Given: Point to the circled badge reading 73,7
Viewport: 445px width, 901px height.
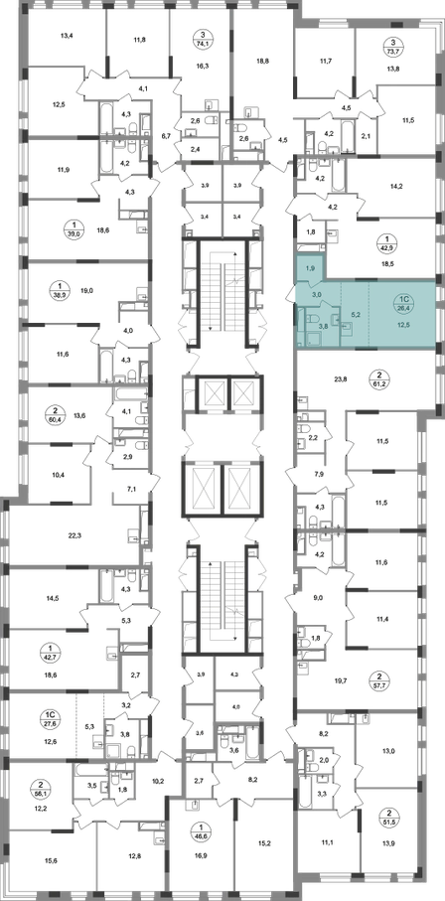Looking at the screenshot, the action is click(392, 45).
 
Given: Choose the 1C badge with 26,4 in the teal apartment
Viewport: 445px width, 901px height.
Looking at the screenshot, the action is click(404, 303).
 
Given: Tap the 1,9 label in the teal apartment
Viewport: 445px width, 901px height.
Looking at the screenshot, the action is click(309, 268).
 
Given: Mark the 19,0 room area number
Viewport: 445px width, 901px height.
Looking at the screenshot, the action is click(86, 291).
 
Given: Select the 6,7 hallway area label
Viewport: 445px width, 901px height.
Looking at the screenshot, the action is click(167, 136).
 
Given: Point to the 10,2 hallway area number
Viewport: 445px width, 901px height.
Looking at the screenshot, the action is click(157, 781).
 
